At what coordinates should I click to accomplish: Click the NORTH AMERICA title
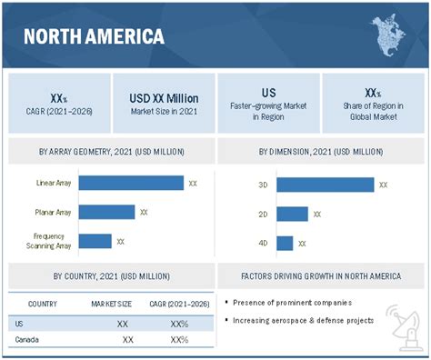pyautogui.click(x=94, y=37)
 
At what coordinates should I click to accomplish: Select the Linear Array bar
pyautogui.click(x=131, y=183)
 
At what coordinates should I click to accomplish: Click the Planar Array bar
pyautogui.click(x=106, y=212)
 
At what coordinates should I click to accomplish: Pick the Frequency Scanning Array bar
pyautogui.click(x=95, y=241)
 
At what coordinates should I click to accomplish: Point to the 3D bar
pyautogui.click(x=325, y=185)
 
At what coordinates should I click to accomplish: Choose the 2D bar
pyautogui.click(x=292, y=214)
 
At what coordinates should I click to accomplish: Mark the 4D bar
pyautogui.click(x=285, y=243)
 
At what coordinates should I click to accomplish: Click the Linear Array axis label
pyautogui.click(x=55, y=183)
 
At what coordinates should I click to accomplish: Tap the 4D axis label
pyautogui.click(x=263, y=243)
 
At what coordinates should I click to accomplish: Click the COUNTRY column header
pyautogui.click(x=44, y=303)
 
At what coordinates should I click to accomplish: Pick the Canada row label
pyautogui.click(x=30, y=339)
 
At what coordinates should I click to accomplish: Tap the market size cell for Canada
pyautogui.click(x=127, y=339)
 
